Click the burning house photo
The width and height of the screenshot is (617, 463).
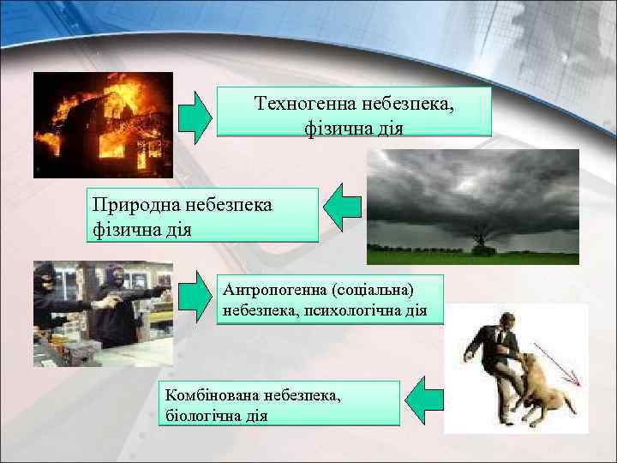point(103,124)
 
